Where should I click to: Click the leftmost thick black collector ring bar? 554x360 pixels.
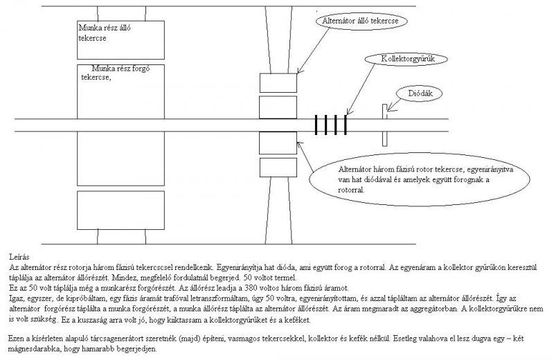pyautogui.click(x=316, y=125)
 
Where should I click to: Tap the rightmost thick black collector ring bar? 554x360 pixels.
pyautogui.click(x=344, y=125)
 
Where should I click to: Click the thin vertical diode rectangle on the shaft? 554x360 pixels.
pyautogui.click(x=382, y=125)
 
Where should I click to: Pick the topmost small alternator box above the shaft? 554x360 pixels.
pyautogui.click(x=277, y=82)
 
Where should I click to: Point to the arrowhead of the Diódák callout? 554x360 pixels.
pyautogui.click(x=389, y=107)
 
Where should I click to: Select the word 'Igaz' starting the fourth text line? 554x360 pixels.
pyautogui.click(x=17, y=297)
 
